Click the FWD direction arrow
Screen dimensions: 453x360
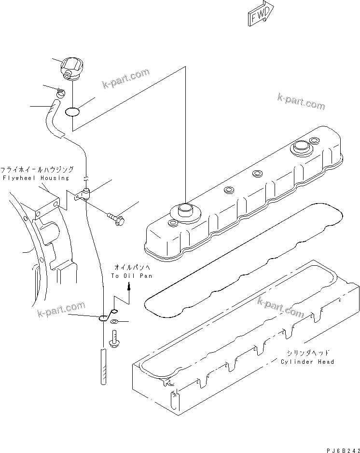pos(261,15)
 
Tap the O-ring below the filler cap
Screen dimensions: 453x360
pos(72,112)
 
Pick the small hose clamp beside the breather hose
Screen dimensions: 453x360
pos(61,93)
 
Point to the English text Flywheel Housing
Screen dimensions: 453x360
pos(36,178)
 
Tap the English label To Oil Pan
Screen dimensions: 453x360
pos(131,276)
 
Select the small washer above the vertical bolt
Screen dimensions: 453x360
pos(114,322)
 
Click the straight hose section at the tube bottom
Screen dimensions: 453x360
pos(103,367)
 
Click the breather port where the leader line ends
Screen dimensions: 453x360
pos(185,209)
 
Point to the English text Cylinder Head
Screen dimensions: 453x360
pos(307,361)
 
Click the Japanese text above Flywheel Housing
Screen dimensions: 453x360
pos(37,170)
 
